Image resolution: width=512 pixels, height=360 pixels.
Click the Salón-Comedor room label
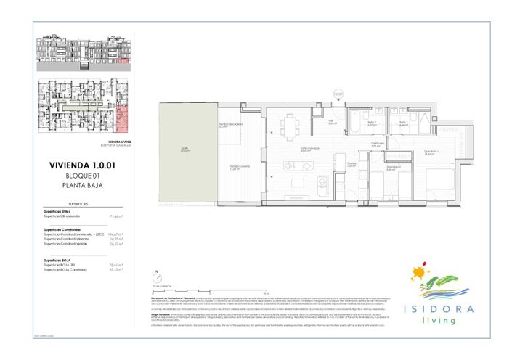point(311,150)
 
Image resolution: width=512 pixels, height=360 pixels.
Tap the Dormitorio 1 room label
point(429,152)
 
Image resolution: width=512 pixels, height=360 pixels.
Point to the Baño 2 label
point(372,123)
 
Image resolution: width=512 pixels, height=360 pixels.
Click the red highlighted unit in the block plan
point(122,115)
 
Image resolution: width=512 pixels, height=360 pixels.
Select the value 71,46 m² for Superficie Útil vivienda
point(115,216)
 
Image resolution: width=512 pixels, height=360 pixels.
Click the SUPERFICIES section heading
point(78,205)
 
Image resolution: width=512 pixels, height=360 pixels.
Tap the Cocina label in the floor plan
point(349,165)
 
